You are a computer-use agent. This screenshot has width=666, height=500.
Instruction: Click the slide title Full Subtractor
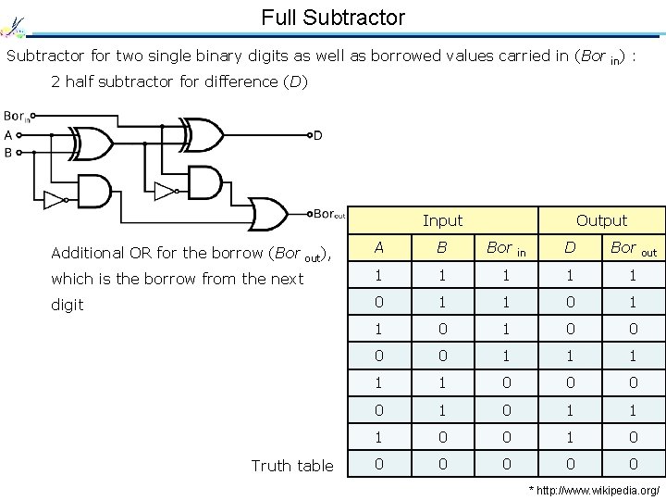pos(333,17)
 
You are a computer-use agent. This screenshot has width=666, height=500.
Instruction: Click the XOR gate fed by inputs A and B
pos(91,144)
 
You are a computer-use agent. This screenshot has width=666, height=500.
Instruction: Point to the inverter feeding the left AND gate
pos(56,201)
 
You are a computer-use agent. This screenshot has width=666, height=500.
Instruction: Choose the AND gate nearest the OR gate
pos(202,181)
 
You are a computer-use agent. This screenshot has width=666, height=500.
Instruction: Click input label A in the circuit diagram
pos(8,135)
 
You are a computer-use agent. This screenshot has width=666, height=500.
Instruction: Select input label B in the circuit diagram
pos(8,152)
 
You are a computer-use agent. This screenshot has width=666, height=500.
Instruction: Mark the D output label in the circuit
pos(317,136)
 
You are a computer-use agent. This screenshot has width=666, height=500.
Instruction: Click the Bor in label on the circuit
pos(16,117)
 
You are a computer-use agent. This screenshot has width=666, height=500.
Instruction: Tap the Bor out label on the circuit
pos(328,214)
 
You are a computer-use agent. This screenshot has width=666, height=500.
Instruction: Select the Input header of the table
pos(442,220)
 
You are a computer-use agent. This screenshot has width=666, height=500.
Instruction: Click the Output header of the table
pos(601,220)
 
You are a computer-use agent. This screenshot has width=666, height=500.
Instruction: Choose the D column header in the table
pos(570,247)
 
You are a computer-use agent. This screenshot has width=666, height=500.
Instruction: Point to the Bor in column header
pos(506,248)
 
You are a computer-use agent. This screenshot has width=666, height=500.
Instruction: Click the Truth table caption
pos(292,466)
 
